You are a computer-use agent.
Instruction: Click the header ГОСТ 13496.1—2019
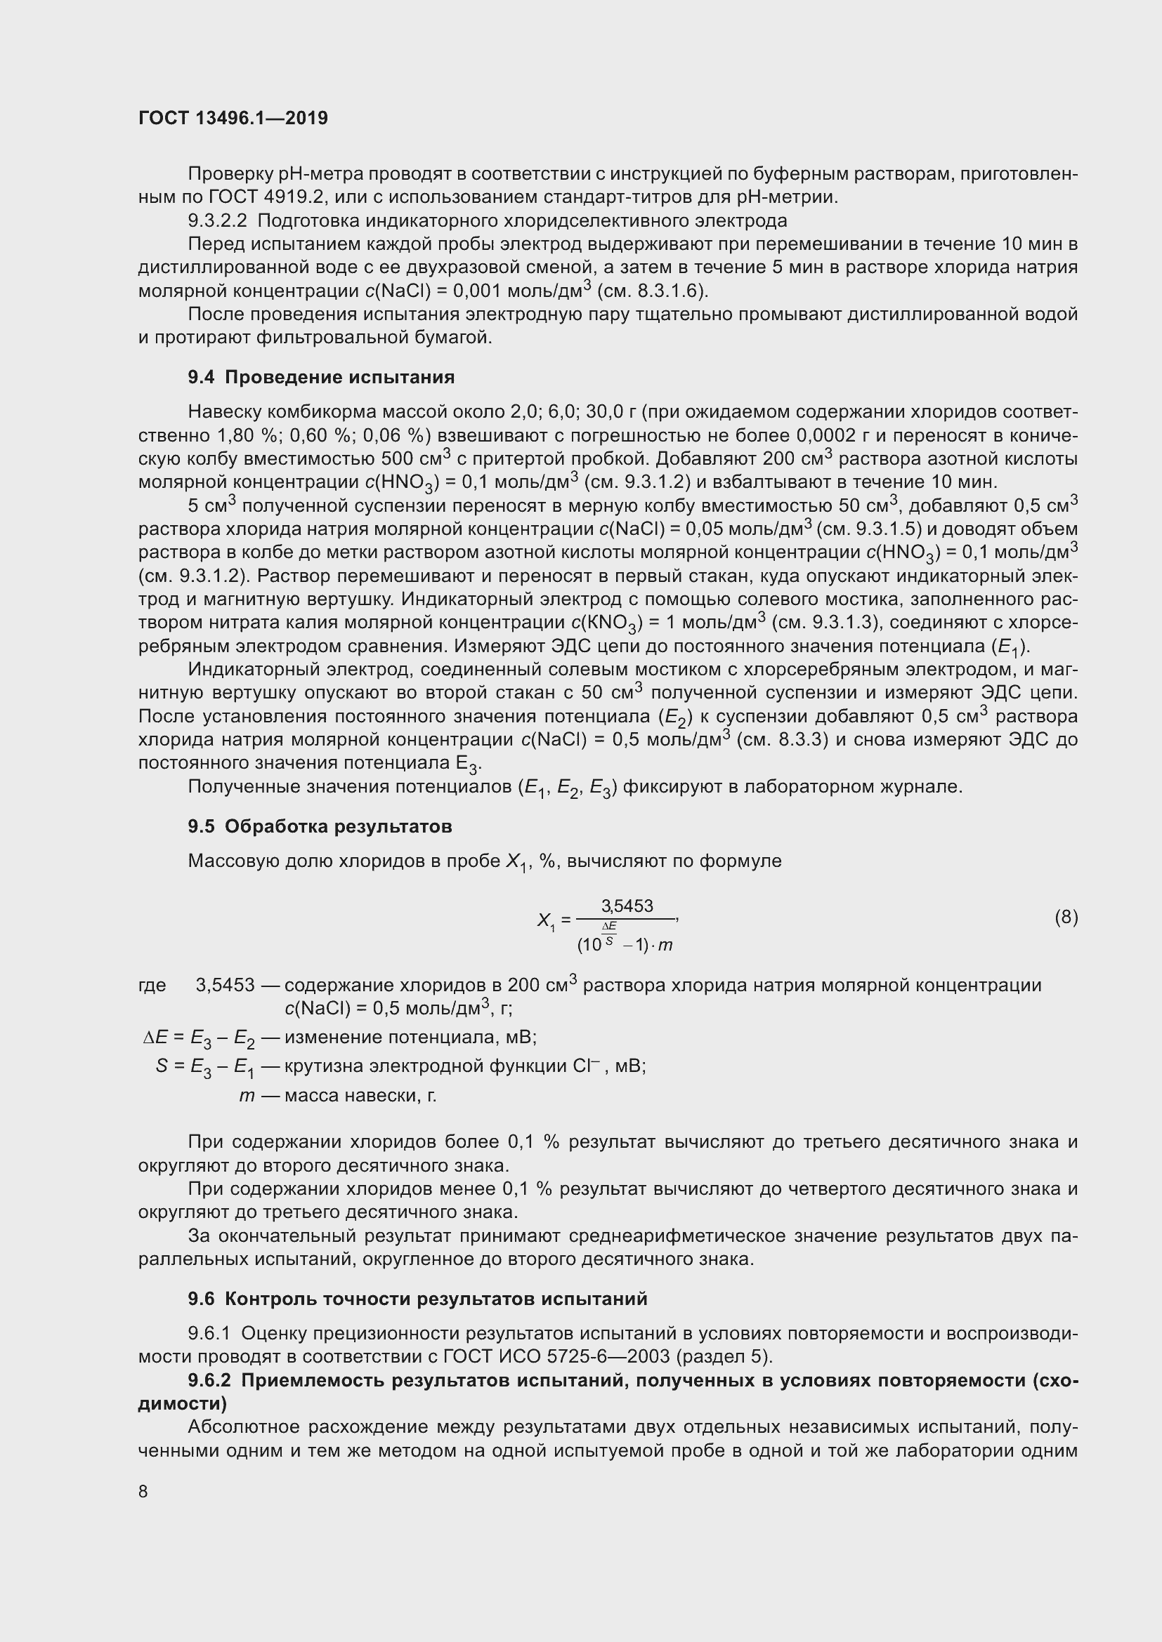233,118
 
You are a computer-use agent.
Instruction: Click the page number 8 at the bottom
143,1491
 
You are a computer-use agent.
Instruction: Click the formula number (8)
1066,917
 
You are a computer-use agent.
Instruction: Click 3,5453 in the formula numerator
627,906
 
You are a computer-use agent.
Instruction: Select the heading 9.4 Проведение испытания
321,377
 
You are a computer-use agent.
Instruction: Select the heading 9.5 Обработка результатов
320,826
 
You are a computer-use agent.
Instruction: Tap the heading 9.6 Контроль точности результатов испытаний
417,1299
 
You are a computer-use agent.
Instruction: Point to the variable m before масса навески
247,1096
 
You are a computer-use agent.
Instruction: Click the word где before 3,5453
152,986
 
